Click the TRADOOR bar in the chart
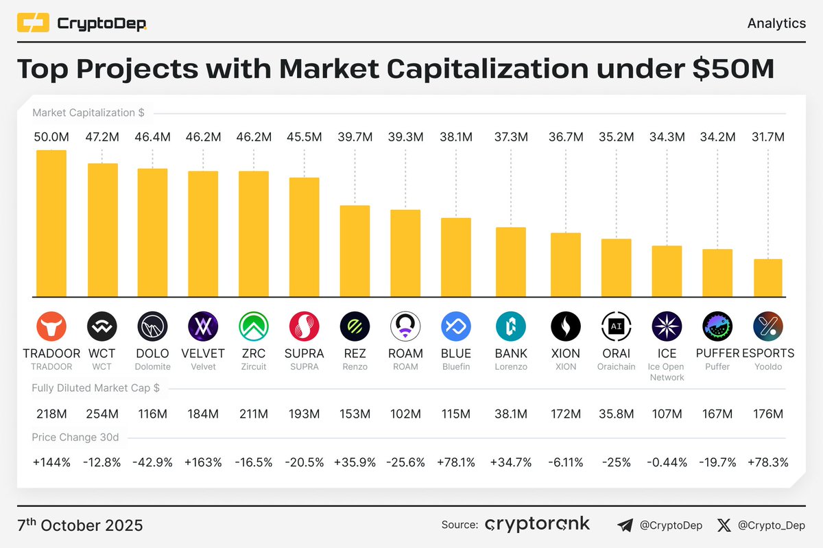tap(51, 223)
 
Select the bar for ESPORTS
tap(767, 278)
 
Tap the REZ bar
tap(355, 251)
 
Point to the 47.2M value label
tap(102, 137)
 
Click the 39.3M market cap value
tap(405, 137)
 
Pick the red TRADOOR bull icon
tap(51, 326)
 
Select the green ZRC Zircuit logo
tap(253, 326)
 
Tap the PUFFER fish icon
tap(717, 326)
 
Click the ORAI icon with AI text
tap(616, 326)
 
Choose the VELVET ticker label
tap(203, 354)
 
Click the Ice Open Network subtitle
tap(667, 372)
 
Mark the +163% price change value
tap(203, 462)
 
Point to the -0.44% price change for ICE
tap(667, 462)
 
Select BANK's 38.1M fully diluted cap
tap(510, 414)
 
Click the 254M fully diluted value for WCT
tap(102, 414)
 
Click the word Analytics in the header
tap(776, 23)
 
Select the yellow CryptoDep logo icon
tap(33, 24)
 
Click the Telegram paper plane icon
tap(625, 526)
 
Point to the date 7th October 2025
tap(80, 525)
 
